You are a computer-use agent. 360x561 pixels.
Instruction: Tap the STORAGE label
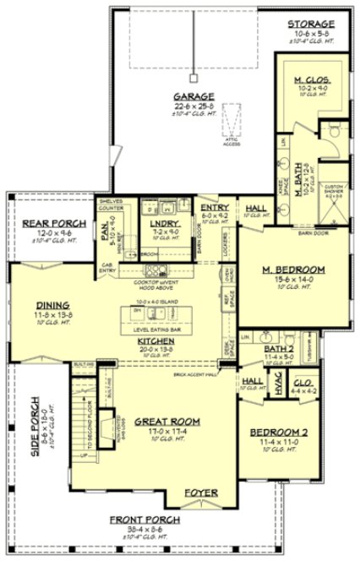[x=312, y=24]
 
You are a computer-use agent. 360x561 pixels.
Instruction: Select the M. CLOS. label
[x=310, y=81]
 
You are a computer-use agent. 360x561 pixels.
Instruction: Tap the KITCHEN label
[x=155, y=340]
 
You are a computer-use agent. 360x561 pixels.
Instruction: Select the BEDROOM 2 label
[x=282, y=433]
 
